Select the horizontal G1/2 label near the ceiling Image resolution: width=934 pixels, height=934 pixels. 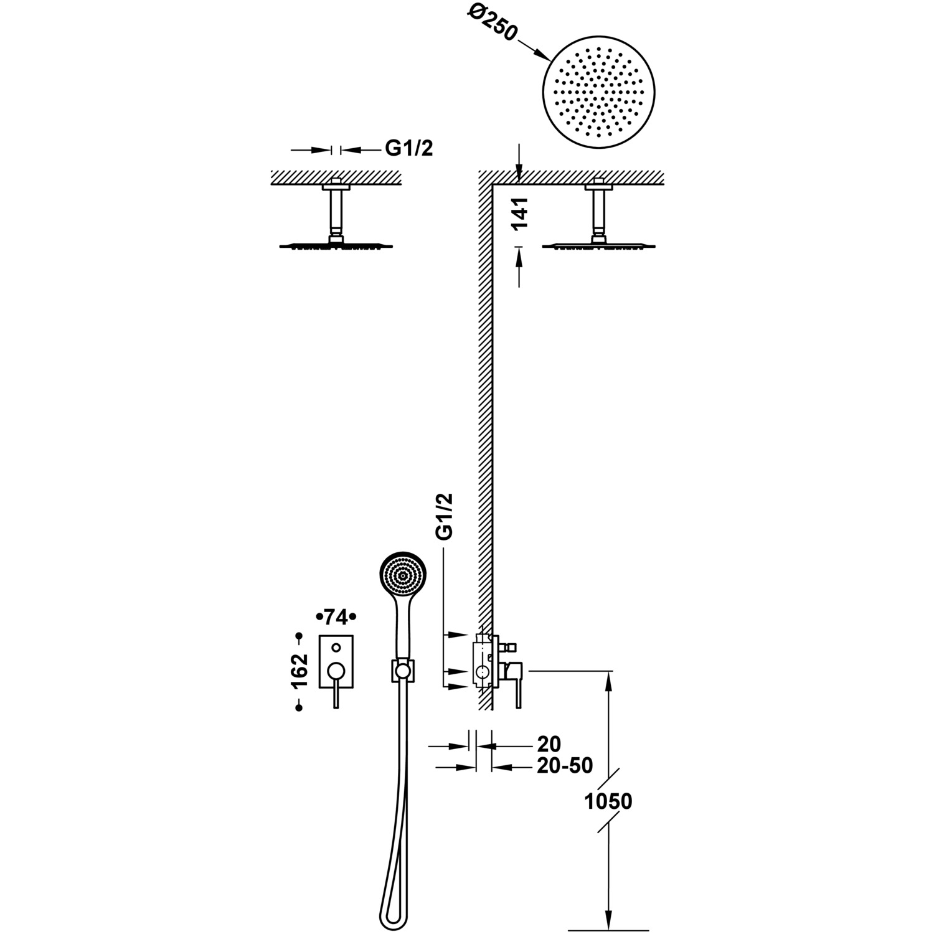click(x=408, y=148)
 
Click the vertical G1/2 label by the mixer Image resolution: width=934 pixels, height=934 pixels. click(x=445, y=516)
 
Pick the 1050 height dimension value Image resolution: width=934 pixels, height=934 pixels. click(x=608, y=801)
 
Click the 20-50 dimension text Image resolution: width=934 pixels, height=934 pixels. click(x=565, y=765)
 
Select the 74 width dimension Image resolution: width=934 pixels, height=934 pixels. click(x=336, y=617)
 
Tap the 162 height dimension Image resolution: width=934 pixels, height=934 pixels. click(x=300, y=671)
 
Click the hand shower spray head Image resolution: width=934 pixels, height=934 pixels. click(x=403, y=577)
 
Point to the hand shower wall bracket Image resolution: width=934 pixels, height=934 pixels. click(x=402, y=670)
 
